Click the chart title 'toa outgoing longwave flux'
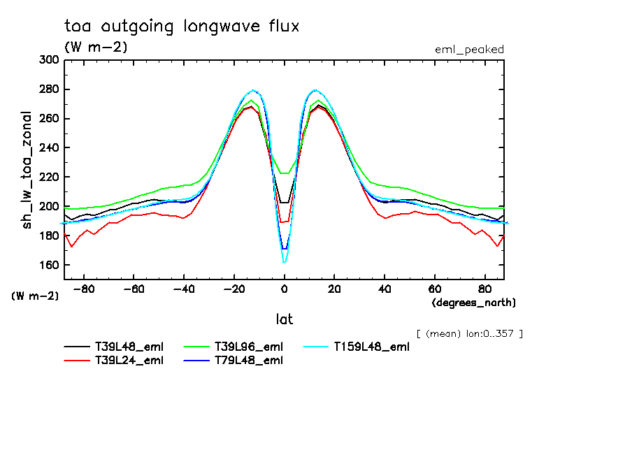point(182,27)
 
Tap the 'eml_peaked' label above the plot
point(469,50)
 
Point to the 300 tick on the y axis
point(49,60)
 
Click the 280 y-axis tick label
point(49,89)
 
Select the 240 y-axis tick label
point(49,148)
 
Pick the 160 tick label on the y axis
point(49,266)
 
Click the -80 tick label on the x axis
point(84,288)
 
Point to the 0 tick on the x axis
point(285,288)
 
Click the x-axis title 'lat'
point(285,319)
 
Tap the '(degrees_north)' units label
point(474,303)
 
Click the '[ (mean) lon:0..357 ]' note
point(469,333)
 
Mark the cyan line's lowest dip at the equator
point(285,262)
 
